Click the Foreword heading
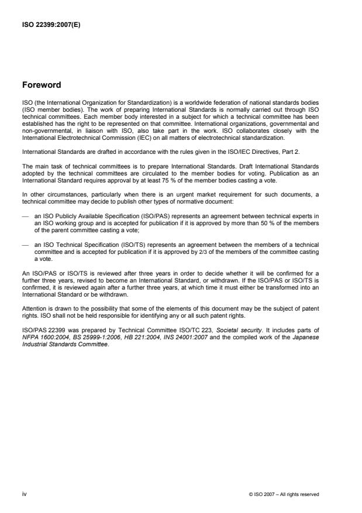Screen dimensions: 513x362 pyautogui.click(x=43, y=85)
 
